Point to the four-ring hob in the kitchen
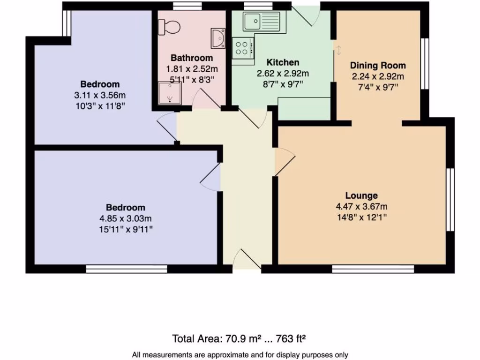pos(243,47)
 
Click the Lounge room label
pos(361,196)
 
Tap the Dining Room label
pos(378,66)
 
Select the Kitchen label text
pos(283,63)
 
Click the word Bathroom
pos(192,58)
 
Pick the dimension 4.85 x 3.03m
pos(125,218)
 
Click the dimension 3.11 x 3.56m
pos(100,95)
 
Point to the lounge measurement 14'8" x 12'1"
pos(361,217)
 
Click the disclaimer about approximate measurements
pos(240,355)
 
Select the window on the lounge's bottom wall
pos(373,269)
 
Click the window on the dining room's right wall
pos(425,63)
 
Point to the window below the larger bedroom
pos(127,269)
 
